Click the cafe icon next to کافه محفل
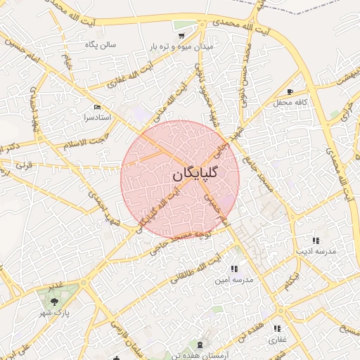pos(290,92)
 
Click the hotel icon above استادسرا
pos(97,107)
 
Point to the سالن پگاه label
pos(101,45)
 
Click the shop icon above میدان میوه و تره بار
pos(181,34)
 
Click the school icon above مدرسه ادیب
pos(315,240)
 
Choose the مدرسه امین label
pos(233,279)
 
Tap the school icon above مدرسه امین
pos(233,269)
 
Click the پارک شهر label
pos(53,310)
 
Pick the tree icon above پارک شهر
pos(53,300)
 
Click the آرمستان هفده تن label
pos(200,355)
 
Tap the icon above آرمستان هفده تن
pos(200,345)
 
